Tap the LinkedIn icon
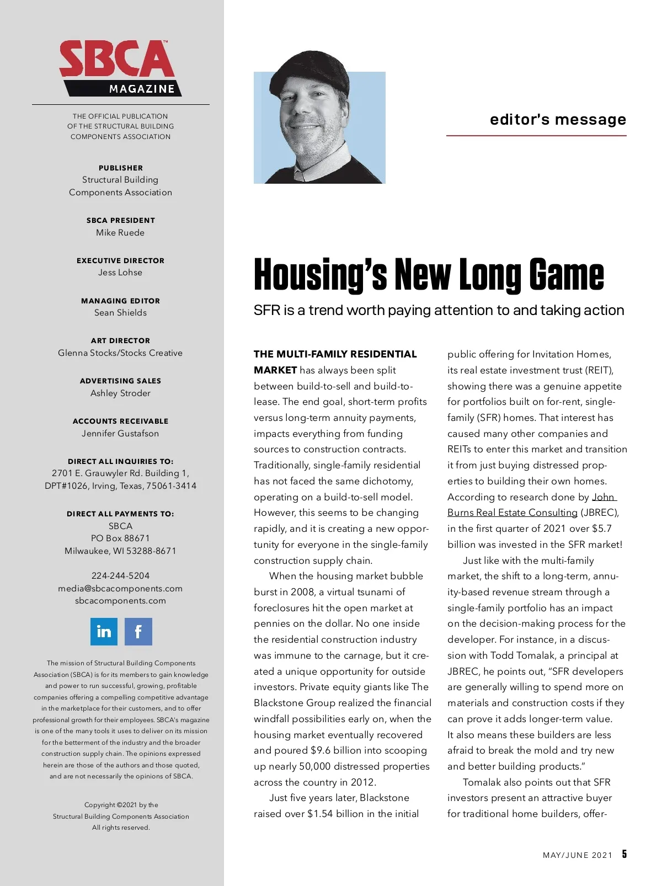104,632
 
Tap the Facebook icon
138,632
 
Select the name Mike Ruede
120,233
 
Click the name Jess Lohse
120,273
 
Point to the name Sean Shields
120,313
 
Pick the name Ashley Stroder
120,393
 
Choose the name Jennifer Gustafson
120,434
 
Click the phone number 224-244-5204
120,576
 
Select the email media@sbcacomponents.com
120,589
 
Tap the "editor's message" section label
558,120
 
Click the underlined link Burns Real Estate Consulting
512,513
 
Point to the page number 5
624,854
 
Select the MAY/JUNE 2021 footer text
578,855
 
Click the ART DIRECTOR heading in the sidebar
120,341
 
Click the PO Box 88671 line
120,538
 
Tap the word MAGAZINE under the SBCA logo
142,89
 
